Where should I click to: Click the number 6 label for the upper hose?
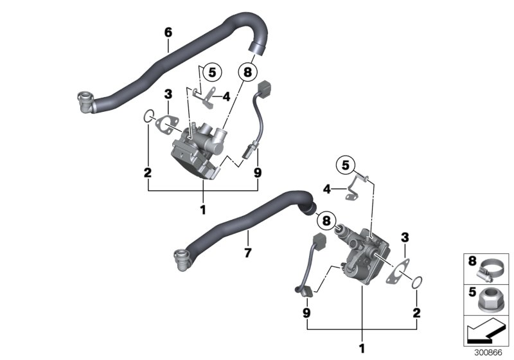coord(168,32)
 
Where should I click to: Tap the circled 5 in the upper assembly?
coord(211,72)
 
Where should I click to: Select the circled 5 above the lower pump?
coord(348,166)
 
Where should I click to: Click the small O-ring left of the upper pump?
coord(148,116)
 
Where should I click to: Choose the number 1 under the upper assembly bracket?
coord(203,210)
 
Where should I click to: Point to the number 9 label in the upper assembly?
coord(258,172)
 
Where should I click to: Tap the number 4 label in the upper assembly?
coord(226,98)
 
